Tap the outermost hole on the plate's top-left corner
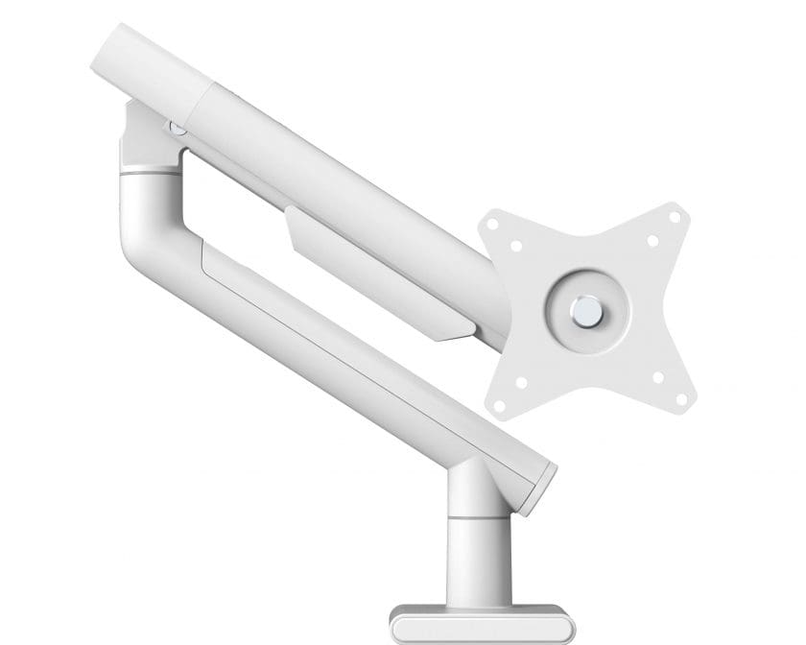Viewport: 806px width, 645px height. (493, 225)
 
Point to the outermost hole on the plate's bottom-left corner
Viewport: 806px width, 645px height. (499, 401)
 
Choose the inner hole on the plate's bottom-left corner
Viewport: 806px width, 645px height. (521, 380)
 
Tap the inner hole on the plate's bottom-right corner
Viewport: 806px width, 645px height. (658, 376)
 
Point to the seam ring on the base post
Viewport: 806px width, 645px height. (473, 518)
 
